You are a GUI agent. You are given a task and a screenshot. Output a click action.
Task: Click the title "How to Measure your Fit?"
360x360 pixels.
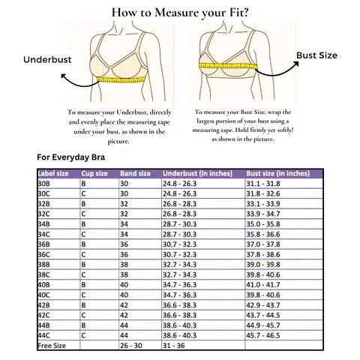click(x=179, y=11)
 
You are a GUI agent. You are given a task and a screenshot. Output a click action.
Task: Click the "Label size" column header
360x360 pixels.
click(x=52, y=173)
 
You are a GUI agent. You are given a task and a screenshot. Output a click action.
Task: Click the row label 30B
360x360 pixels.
click(x=43, y=182)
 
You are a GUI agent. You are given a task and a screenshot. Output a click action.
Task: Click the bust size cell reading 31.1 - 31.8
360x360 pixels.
click(x=263, y=182)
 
